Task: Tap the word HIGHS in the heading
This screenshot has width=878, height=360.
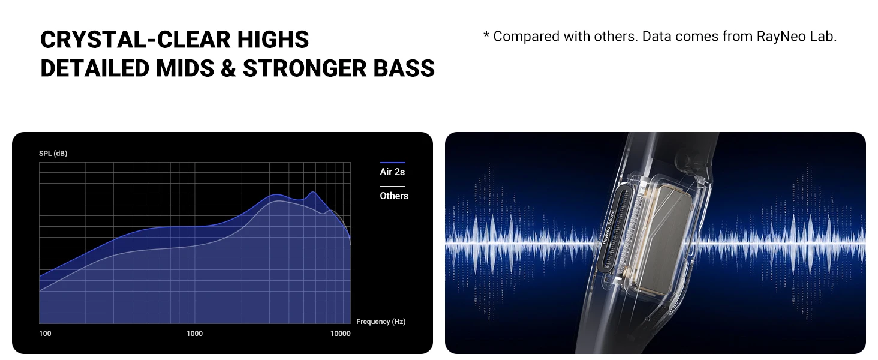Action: point(273,39)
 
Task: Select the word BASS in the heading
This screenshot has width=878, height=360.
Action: point(404,68)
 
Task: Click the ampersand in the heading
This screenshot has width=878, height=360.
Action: point(228,68)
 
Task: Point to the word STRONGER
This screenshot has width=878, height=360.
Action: point(304,68)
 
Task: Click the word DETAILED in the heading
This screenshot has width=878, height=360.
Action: point(95,68)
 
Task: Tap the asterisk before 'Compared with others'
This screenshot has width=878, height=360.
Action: point(486,35)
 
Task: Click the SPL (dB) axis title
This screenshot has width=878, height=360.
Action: point(53,154)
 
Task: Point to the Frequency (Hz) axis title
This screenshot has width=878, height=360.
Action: point(381,322)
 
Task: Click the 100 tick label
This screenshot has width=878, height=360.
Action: point(45,334)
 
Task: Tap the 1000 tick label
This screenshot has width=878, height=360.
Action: point(194,334)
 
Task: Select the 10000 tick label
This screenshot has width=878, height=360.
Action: point(340,334)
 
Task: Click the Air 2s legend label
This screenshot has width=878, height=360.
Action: point(392,172)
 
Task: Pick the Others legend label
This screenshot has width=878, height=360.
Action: point(394,196)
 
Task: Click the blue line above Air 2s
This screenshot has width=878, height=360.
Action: point(393,163)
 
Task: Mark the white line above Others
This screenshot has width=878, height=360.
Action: point(393,187)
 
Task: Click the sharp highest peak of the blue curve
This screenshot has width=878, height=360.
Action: point(313,192)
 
